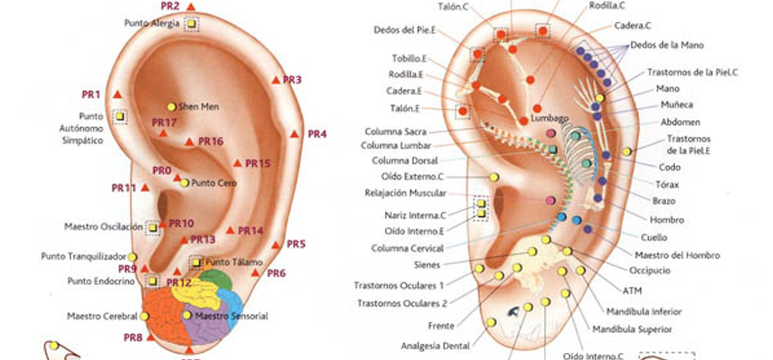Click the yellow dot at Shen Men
tap(172, 107)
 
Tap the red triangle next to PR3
tap(275, 80)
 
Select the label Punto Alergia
tap(152, 23)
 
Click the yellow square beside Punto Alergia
tap(191, 24)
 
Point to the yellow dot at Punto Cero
tap(184, 183)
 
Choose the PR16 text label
tap(211, 142)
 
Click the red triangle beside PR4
tap(294, 134)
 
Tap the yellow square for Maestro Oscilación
tap(153, 228)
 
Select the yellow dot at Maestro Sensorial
tap(187, 315)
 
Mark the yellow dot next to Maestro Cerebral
tap(144, 316)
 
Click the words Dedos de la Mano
tap(667, 45)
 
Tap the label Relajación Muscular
tap(405, 193)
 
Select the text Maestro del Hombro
tap(677, 255)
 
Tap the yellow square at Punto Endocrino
tap(152, 281)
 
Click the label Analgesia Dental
tap(435, 346)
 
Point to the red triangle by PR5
tap(275, 245)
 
